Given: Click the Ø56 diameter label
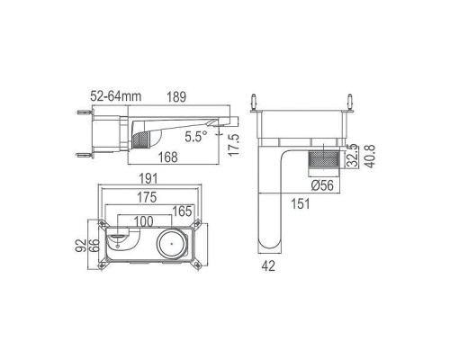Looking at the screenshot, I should coord(324,185).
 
